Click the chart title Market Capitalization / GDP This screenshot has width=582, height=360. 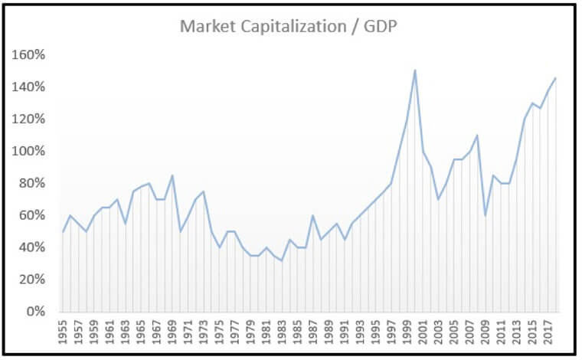(x=292, y=26)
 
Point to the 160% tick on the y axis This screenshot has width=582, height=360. (x=28, y=55)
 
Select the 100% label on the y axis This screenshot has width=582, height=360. (x=28, y=151)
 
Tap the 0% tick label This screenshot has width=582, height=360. (x=34, y=312)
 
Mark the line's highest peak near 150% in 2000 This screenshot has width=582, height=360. (x=415, y=70)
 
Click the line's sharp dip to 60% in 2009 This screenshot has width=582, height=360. (x=486, y=215)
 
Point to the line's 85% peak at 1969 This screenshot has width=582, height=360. (x=172, y=175)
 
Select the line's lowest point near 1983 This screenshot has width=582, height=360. (x=282, y=260)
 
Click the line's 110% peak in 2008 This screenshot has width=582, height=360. (x=478, y=136)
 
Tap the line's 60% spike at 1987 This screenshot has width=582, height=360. (x=313, y=215)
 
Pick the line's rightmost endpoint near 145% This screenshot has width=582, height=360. (x=556, y=78)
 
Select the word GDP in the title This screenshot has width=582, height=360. (x=380, y=26)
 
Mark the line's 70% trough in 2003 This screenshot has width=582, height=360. (x=439, y=199)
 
